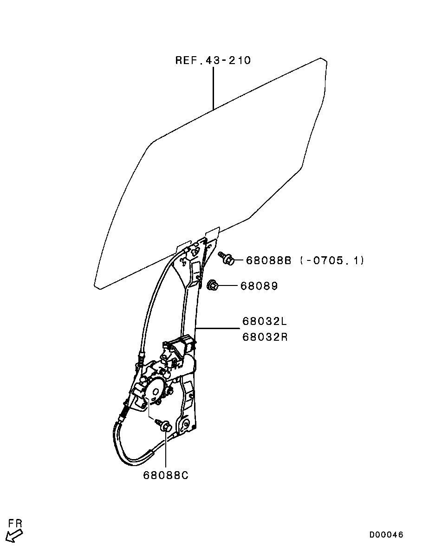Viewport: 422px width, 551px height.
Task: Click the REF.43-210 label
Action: pos(213,60)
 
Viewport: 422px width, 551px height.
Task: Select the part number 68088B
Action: pos(268,260)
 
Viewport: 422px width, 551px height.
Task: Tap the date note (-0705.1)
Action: pos(332,260)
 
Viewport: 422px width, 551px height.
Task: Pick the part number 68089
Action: pos(259,285)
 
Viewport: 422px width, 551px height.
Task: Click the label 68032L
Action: pos(265,321)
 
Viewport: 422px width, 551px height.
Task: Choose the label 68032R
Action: pos(265,337)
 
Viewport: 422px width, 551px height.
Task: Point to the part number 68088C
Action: pos(166,475)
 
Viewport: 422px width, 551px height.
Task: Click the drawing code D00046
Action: pos(386,535)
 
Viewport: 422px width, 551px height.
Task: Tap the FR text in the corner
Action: pos(15,524)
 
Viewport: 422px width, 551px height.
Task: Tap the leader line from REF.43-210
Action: pos(213,89)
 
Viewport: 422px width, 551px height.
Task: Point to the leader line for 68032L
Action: pos(217,329)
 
